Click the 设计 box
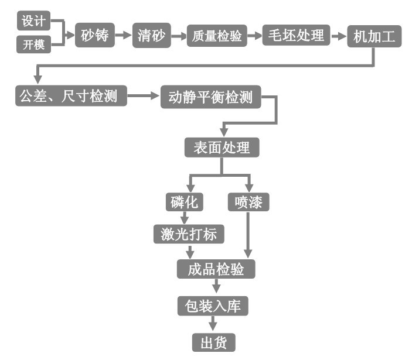pos(34,21)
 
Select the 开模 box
pos(34,44)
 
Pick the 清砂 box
pos(152,35)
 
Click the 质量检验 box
pos(217,36)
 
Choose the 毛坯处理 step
pos(297,35)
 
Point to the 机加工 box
pos(374,37)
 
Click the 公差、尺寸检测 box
pos(71,95)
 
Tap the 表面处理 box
pos(222,148)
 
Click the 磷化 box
pos(184,202)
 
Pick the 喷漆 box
pos(248,202)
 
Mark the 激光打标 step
pos(189,235)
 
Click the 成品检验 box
pos(216,269)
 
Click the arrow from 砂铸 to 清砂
pos(124,35)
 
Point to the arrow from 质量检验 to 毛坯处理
pos(254,36)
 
